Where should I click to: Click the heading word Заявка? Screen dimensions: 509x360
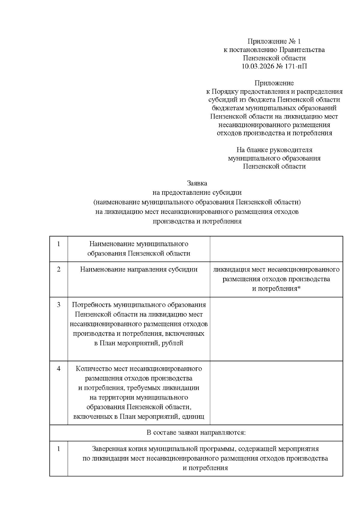tap(197, 183)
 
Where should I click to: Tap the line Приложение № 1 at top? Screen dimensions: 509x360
tap(274, 41)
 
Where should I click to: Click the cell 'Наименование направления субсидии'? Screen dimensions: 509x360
tap(139, 269)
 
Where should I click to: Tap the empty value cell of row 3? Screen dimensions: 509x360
tap(276, 329)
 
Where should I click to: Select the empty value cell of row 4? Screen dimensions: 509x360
tap(276, 392)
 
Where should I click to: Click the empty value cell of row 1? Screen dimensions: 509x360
tap(276, 249)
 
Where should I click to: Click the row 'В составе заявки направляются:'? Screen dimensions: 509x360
tap(196, 433)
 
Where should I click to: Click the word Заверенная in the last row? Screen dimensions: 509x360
tap(106, 449)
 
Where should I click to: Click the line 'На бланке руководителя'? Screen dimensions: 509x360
tap(274, 150)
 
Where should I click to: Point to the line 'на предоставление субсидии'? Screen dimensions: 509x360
tap(197, 193)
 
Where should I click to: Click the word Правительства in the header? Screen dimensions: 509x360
tap(304, 50)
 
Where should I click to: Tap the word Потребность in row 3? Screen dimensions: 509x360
tap(91, 305)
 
